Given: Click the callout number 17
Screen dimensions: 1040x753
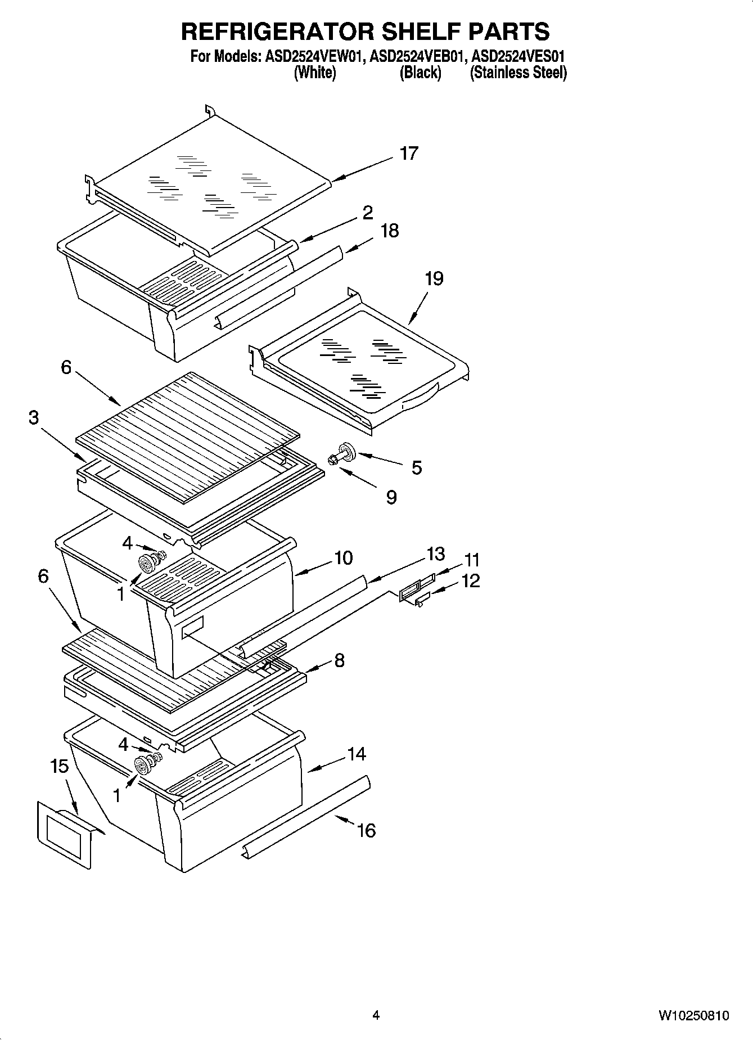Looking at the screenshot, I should coord(409,153).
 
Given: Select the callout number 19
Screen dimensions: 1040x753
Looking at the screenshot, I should coord(434,278).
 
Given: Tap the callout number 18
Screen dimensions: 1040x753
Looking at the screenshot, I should coord(389,231).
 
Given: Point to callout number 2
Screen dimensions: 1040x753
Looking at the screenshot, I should coord(367,213).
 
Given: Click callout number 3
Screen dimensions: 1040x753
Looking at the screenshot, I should coord(34,418).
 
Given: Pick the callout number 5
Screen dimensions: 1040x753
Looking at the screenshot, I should coord(416,467).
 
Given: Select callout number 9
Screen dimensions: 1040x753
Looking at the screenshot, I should coord(391,497).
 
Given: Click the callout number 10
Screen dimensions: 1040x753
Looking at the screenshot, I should coord(343,558).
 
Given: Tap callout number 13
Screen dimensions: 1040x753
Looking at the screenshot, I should coord(435,554).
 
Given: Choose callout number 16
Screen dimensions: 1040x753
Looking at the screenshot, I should coord(366,830).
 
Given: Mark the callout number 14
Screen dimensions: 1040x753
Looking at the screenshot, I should coord(357,754).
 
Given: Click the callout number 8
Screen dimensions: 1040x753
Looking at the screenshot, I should coord(339,660).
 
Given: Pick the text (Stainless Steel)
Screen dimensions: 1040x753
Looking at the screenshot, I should coord(518,73).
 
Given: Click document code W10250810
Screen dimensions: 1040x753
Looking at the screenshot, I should coord(694,1015).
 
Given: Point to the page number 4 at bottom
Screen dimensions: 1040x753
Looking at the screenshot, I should coord(376,1015).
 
